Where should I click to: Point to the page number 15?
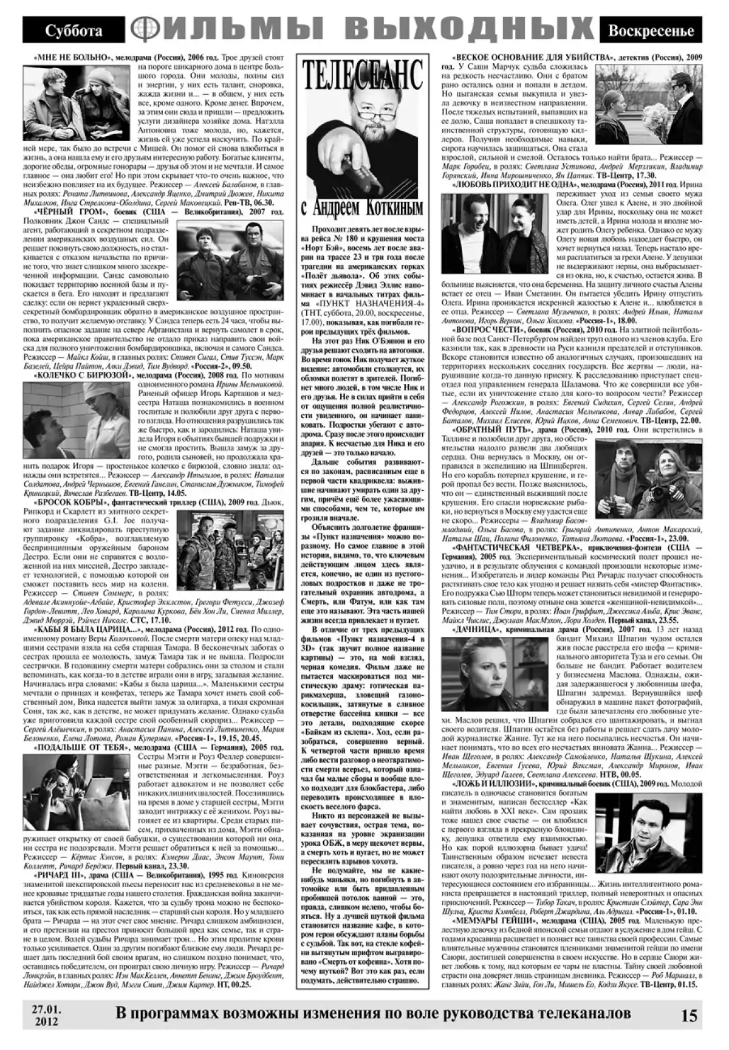[689, 1017]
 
